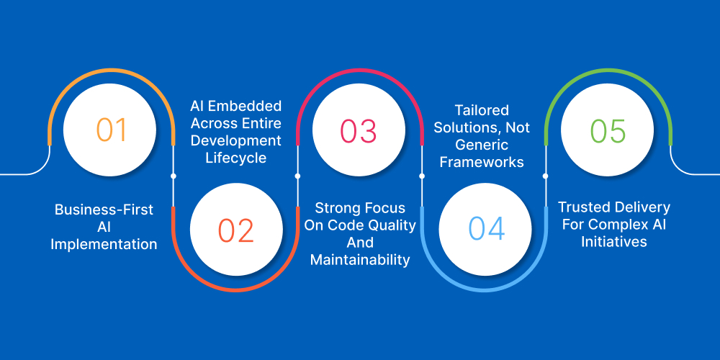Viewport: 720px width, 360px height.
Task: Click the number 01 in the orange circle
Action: [x=112, y=130]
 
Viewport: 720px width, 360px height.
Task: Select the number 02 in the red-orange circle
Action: [x=235, y=230]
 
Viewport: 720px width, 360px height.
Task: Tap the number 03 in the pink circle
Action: [x=359, y=131]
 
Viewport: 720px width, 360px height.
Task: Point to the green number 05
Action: [x=608, y=131]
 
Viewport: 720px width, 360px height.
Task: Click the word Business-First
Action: [x=104, y=210]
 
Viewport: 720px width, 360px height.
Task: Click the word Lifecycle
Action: [x=235, y=158]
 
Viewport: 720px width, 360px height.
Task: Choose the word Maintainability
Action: [x=360, y=259]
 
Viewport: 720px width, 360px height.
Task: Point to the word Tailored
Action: [x=481, y=110]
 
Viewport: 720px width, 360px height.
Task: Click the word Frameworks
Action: [x=482, y=162]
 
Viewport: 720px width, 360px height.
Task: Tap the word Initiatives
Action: [x=613, y=242]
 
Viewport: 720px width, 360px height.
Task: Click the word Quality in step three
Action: [x=396, y=225]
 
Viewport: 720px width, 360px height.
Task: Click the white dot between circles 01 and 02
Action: [x=173, y=175]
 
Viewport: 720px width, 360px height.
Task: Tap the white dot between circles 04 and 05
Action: [x=545, y=175]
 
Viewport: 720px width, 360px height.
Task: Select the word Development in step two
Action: [x=235, y=140]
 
